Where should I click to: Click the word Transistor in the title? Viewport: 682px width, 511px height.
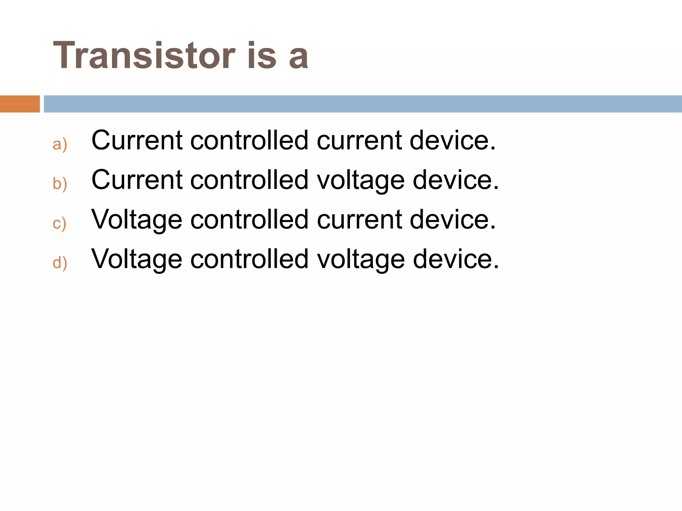click(144, 55)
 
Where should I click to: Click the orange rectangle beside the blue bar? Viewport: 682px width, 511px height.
click(20, 104)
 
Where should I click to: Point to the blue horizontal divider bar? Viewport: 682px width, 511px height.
click(363, 104)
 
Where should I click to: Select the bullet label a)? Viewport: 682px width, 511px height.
click(60, 144)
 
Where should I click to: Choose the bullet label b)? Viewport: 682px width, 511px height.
click(60, 184)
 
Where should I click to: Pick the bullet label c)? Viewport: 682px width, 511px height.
click(60, 223)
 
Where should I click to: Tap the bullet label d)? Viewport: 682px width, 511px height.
click(60, 263)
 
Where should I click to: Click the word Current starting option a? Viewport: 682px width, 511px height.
click(137, 140)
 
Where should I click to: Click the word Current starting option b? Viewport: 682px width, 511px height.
click(137, 180)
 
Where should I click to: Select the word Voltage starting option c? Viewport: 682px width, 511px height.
click(137, 220)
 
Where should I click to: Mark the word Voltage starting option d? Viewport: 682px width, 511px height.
click(137, 259)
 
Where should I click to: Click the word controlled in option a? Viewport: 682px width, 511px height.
click(249, 140)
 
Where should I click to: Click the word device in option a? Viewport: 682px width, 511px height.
click(453, 140)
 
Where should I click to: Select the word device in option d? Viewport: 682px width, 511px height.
click(456, 259)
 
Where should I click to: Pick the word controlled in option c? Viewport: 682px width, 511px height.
click(249, 220)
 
